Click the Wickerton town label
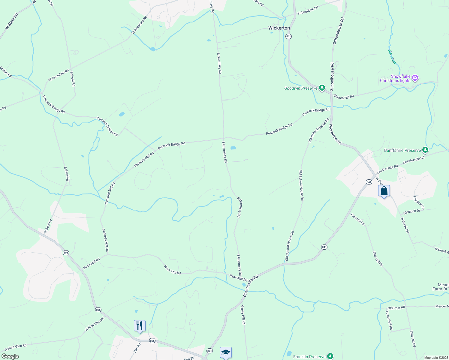pos(279,28)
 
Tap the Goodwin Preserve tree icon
pos(322,88)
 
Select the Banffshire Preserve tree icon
pos(425,150)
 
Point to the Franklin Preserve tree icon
pos(330,356)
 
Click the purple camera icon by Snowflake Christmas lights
pos(415,78)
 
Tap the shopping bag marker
pos(384,191)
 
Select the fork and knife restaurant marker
pos(140,326)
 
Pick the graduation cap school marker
pos(226,352)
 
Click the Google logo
pos(10,356)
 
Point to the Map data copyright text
pos(436,358)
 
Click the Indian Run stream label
pos(392,55)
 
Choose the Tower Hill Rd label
pos(389,320)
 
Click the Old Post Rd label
pos(396,308)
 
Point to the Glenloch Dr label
pos(411,211)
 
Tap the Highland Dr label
pos(419,203)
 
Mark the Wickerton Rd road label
pos(335,134)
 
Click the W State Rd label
pos(12,21)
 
